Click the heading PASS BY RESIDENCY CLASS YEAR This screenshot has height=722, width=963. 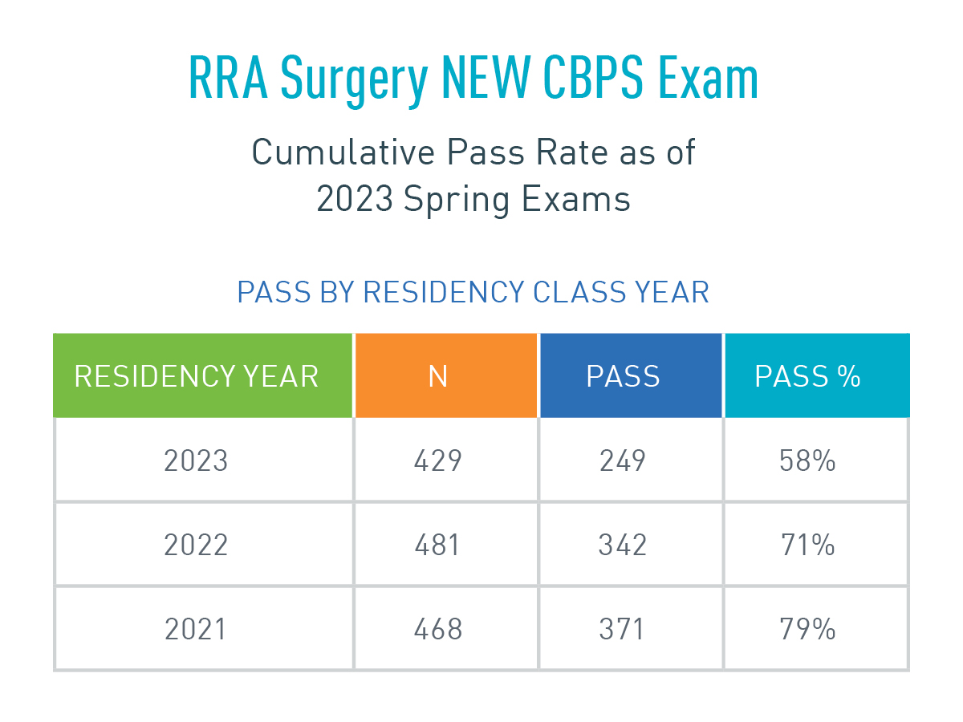[473, 293]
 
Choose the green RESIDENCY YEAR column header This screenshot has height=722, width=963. [197, 376]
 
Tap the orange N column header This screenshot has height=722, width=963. [438, 376]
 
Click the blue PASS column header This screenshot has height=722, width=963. [623, 376]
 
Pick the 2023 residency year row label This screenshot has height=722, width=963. [197, 461]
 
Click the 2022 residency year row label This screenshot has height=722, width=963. [197, 546]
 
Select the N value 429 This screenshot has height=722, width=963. [438, 461]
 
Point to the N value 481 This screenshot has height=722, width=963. [438, 546]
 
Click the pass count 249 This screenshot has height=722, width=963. [623, 461]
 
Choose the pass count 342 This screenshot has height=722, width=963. [623, 546]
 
